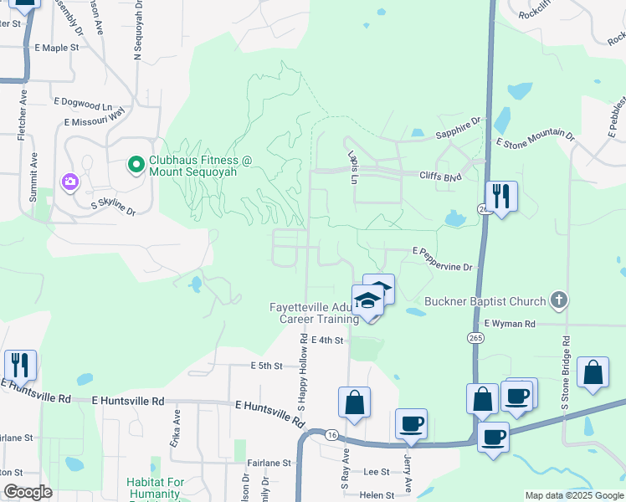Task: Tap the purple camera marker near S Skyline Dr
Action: pos(69,182)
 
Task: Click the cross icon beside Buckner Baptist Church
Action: pos(560,300)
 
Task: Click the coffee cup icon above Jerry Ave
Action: pos(410,423)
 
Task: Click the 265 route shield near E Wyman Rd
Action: pos(474,336)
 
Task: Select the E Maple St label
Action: pos(57,49)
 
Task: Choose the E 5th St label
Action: pos(269,366)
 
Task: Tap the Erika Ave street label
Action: pos(176,427)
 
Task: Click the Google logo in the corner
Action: pos(28,493)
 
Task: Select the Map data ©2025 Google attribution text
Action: pos(573,495)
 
